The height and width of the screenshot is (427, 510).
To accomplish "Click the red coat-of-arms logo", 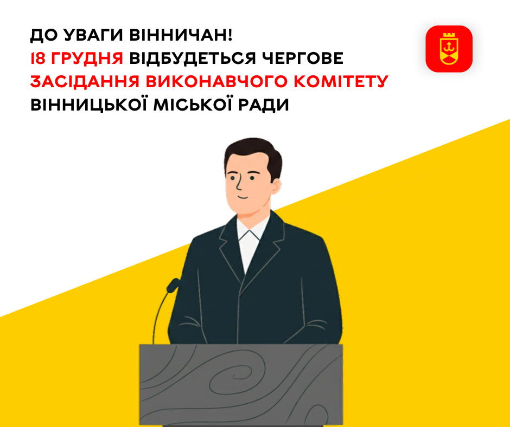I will coord(449,49).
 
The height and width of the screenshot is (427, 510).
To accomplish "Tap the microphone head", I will coord(173,284).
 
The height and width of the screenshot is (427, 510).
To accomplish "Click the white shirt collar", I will coord(253,238).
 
